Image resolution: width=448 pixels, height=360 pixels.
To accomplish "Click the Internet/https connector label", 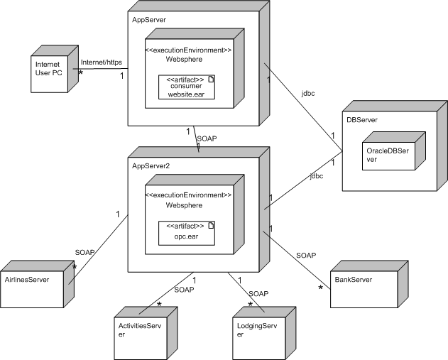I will [x=101, y=62].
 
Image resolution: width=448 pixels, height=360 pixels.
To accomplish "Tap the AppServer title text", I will [x=149, y=20].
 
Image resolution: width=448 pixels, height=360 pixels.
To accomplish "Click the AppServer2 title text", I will [x=151, y=165].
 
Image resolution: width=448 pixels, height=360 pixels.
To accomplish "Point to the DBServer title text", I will [x=363, y=120].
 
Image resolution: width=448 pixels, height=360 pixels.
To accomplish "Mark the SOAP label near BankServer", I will [x=306, y=255].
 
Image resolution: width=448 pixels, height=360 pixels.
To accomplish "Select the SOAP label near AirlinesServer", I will [x=84, y=252].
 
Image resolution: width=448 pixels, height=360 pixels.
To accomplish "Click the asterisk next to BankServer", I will [x=321, y=288].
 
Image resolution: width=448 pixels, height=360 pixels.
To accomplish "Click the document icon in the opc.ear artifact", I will [x=210, y=225].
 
